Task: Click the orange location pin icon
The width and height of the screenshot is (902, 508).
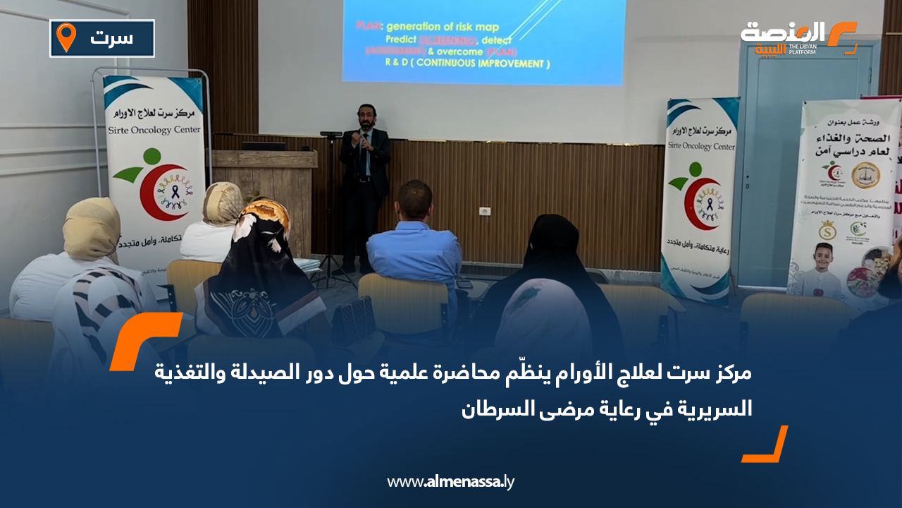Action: click(x=66, y=37)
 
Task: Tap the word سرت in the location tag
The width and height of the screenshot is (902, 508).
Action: click(x=112, y=38)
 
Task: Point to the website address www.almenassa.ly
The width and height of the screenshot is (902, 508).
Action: click(x=450, y=482)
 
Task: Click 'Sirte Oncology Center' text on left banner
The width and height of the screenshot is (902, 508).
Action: click(x=153, y=130)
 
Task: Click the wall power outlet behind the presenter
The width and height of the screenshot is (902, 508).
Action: click(x=484, y=211)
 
